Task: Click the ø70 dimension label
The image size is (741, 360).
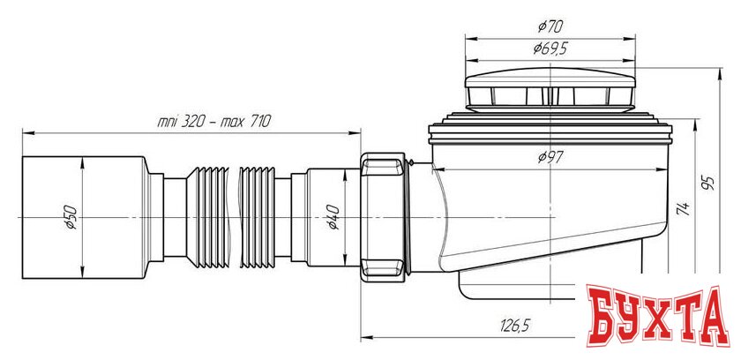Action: (x=550, y=28)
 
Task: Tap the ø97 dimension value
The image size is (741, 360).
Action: (x=550, y=158)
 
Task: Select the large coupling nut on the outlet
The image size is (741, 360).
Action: (x=383, y=214)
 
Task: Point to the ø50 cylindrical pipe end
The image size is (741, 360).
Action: (x=53, y=214)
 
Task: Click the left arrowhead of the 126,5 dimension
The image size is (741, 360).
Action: (x=367, y=337)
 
